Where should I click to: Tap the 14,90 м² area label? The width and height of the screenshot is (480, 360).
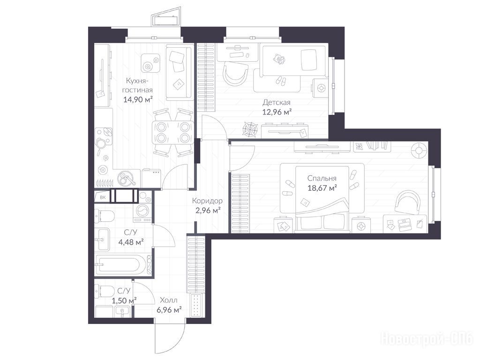138,99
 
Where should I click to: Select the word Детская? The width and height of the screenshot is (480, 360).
277,103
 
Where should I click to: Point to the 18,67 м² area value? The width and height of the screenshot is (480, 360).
322,187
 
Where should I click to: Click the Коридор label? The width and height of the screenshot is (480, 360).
207,201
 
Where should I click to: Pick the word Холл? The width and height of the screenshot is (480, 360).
169,300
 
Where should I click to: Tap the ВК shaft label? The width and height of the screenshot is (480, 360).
103,197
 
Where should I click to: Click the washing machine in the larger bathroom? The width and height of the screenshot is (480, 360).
142,212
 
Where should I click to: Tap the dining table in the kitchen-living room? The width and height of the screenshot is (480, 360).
173,132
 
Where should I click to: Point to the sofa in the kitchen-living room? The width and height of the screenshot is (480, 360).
180,72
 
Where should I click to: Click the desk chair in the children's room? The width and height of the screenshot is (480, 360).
235,74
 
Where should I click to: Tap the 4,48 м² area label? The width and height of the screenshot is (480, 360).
131,242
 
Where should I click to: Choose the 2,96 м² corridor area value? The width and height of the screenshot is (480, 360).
208,210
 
